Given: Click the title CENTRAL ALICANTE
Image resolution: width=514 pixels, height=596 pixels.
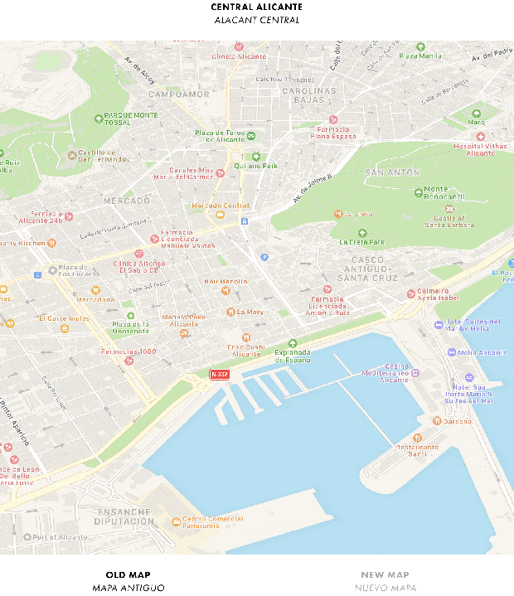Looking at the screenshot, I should tap(256, 7).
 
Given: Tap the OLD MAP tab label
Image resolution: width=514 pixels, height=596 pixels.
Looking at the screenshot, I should tap(128, 574).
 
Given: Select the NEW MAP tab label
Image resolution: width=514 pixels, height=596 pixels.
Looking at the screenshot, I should tap(385, 574).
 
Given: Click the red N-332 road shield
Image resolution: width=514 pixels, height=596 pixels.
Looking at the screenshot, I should tap(219, 375).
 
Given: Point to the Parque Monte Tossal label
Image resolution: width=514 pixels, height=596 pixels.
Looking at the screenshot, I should tap(133, 119).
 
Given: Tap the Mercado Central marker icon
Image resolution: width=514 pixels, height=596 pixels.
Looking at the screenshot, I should tap(220, 215).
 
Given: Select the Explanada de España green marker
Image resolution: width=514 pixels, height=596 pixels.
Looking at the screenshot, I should tap(291, 344).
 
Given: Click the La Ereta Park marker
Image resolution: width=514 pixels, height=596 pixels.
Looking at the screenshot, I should tap(361, 233).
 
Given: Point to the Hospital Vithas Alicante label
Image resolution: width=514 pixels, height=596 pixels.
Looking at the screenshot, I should tap(480, 149).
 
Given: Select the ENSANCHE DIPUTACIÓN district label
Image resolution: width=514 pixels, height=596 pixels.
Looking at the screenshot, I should tap(124, 516).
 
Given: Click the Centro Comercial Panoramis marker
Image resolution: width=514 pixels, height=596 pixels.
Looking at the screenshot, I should tap(175, 521).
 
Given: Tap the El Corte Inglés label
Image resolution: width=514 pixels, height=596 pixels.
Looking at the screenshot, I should tap(64, 318).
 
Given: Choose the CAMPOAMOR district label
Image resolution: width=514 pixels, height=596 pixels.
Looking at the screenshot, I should tap(177, 94).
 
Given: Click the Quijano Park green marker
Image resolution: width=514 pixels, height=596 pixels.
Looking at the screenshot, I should tap(256, 156).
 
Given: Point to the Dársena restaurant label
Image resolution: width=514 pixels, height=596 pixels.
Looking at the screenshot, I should tap(457, 420).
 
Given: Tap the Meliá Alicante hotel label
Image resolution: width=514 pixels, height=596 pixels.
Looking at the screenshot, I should tap(482, 352).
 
